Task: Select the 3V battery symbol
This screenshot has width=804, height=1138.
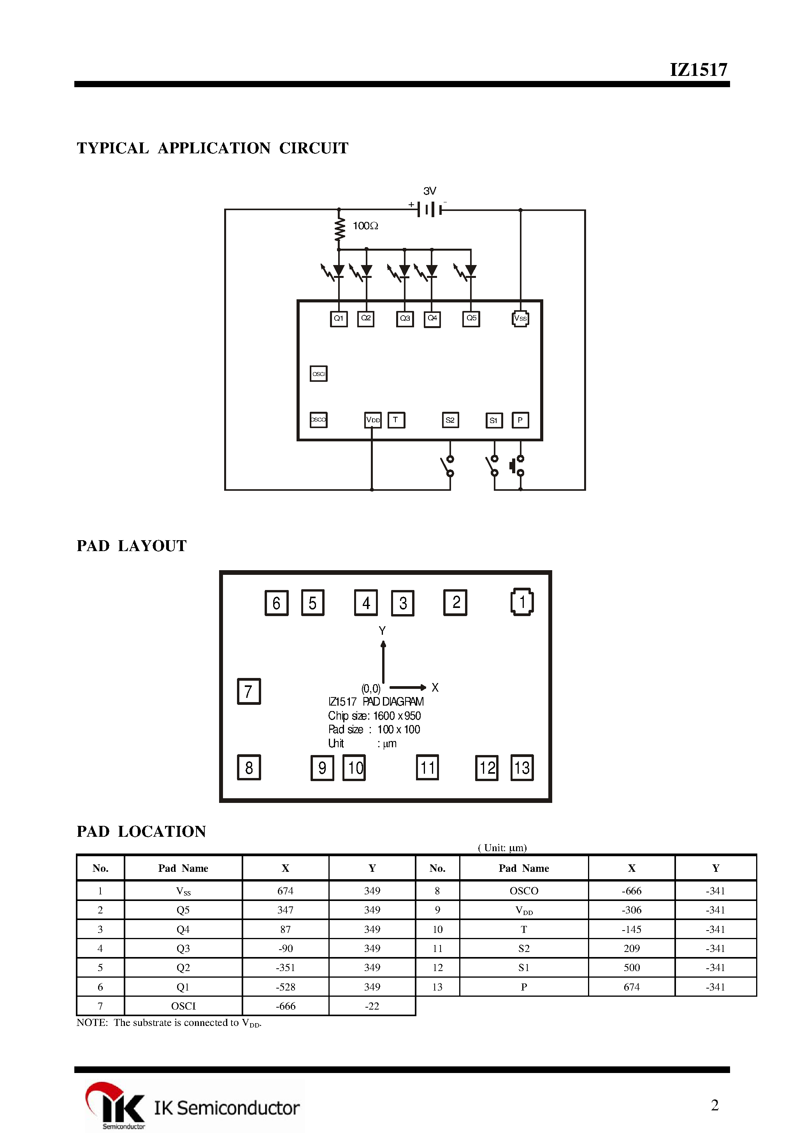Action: coord(429,209)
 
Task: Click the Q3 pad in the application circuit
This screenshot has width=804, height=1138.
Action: coord(405,319)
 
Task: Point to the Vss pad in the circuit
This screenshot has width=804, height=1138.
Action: coord(520,319)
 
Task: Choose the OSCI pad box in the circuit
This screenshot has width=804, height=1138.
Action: coord(319,374)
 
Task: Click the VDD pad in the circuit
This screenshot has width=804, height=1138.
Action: coord(373,420)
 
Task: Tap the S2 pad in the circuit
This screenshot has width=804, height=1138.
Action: coord(450,420)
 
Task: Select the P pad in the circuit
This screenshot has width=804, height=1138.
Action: coord(520,420)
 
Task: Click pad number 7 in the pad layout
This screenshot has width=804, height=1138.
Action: coord(249,691)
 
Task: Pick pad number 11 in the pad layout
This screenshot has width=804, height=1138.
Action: coord(427,768)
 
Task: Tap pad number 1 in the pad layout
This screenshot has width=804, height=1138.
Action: coord(522,602)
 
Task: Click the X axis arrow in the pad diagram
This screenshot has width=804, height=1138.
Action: coord(408,687)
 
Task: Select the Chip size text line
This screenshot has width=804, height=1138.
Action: coord(374,716)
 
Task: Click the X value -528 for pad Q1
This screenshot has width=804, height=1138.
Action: coord(286,987)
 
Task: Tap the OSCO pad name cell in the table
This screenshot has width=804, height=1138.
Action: coord(523,891)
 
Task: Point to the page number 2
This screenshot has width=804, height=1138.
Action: coord(714,1105)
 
